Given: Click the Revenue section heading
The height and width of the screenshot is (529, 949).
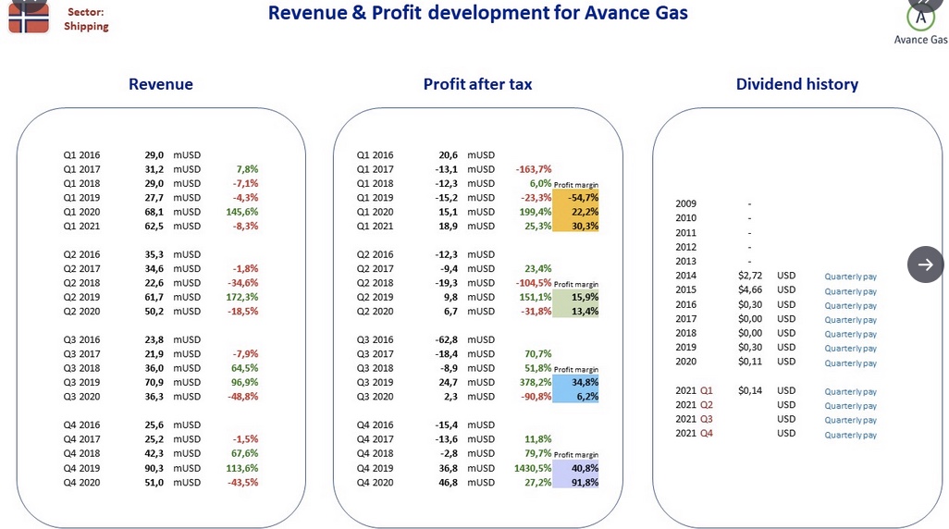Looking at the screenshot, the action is coord(160,84).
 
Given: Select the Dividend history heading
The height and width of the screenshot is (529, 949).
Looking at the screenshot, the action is coord(797,84).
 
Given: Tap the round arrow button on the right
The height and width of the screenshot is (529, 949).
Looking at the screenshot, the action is coord(925,264).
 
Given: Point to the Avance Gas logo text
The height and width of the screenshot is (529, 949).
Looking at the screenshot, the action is coord(920,40).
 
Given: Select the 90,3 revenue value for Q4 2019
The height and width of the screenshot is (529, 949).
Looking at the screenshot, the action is coord(154,468).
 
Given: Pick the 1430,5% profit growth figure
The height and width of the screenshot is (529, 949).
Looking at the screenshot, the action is coord(533,468).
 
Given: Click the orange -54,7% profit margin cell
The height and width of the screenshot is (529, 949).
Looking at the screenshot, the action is coord(575,197).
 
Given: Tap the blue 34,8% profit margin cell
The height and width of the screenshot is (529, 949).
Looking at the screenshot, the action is coord(575,382).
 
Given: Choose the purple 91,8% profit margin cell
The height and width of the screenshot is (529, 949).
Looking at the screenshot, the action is coord(575,483).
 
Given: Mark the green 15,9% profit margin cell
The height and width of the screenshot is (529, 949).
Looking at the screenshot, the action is coord(575,297).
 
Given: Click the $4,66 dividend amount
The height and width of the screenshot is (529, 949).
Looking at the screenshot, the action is coord(750,289).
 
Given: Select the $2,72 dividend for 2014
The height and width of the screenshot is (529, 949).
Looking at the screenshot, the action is coord(750,276).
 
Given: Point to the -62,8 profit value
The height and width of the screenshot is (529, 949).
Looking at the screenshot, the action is coord(446,339).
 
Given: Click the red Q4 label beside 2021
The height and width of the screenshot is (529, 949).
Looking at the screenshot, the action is coord(707,434).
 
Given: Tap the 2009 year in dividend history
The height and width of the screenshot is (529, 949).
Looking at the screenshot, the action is coord(685,203).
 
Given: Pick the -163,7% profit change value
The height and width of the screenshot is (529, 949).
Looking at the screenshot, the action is coord(533,169).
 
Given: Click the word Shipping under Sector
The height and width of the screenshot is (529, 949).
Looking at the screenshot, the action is coord(87,26).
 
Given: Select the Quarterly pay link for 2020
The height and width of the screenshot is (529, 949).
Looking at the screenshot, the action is coord(850,363).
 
